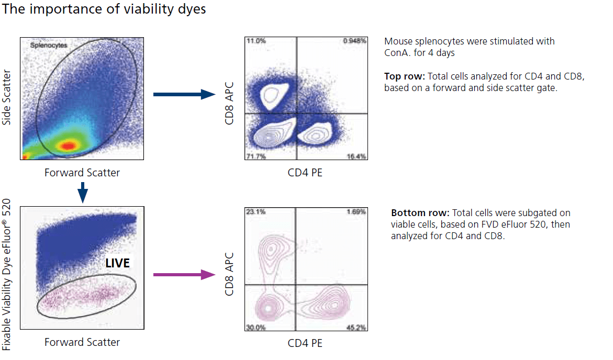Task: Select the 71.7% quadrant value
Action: click(255, 156)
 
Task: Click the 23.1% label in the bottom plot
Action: click(255, 212)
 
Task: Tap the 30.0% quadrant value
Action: click(255, 328)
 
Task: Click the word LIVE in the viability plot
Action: click(117, 263)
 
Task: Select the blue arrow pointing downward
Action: click(82, 194)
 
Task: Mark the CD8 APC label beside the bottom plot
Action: click(229, 272)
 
